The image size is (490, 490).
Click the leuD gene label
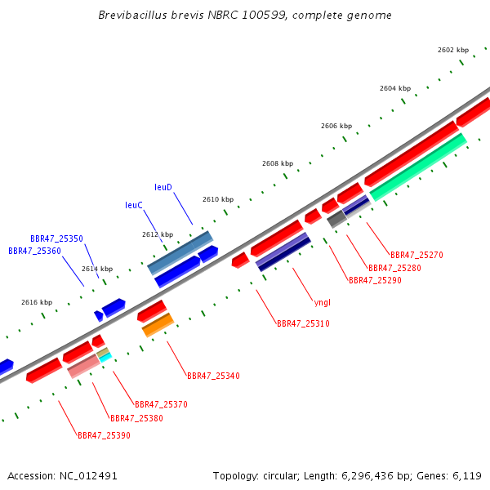[163, 187]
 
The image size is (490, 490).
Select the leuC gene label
[133, 205]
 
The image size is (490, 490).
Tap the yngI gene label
[323, 302]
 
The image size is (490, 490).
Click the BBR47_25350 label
[56, 238]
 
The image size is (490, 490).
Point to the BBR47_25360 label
[34, 251]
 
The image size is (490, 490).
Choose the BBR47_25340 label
[213, 376]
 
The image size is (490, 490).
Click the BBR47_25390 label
[104, 435]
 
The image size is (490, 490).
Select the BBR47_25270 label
[416, 255]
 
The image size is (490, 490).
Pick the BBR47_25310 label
[303, 323]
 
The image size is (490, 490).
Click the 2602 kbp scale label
[453, 50]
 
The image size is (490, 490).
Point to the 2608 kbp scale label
[278, 163]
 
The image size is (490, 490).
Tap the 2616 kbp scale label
[37, 302]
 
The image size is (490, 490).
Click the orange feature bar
[158, 325]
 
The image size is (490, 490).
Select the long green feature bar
[418, 167]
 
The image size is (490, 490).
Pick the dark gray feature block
[336, 219]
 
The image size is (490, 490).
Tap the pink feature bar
[84, 366]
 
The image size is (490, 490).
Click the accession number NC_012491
[88, 476]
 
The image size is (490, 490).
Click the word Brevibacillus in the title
[133, 15]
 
